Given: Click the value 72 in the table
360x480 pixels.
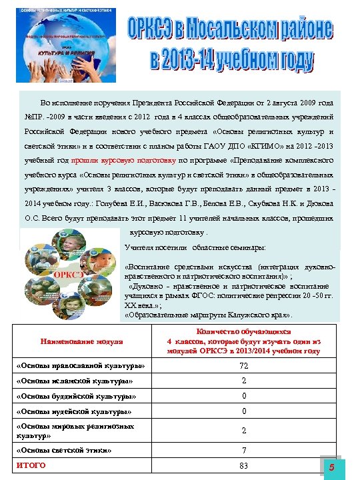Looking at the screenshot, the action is coord(244,365).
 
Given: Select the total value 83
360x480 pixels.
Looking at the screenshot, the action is coord(244,465).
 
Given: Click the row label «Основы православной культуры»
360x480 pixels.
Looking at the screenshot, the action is coord(79,366).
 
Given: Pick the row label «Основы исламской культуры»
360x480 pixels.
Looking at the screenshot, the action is coord(74,381).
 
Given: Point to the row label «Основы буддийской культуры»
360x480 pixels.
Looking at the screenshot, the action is coord(75,396).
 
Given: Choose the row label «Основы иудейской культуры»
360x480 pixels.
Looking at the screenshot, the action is coord(74,411).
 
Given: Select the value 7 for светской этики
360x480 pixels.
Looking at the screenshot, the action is coord(244,451).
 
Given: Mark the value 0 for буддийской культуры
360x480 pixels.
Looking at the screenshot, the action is coord(244,396).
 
